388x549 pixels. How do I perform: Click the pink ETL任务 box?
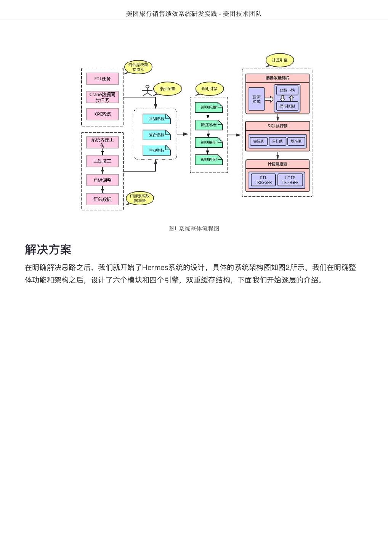(x=102, y=79)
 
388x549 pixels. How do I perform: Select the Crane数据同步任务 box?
(x=102, y=97)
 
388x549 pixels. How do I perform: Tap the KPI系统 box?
(x=102, y=114)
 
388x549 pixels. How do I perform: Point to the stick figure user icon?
(x=147, y=90)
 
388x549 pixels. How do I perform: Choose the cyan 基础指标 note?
(x=156, y=119)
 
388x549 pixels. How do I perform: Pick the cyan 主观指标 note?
(x=156, y=150)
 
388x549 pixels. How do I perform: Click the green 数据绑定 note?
(x=208, y=125)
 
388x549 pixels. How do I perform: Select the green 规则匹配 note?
(x=208, y=159)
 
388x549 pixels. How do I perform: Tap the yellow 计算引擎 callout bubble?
(x=280, y=60)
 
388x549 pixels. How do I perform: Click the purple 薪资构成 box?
(x=257, y=99)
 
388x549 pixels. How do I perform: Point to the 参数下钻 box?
(x=287, y=91)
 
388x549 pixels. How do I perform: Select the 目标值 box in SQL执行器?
(x=277, y=141)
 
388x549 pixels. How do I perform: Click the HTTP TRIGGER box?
(x=290, y=180)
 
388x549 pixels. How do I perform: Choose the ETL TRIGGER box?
(x=263, y=180)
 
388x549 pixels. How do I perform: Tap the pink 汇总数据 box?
(x=102, y=199)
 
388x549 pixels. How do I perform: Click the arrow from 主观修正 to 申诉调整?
(x=102, y=170)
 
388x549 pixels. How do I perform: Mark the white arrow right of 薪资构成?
(x=269, y=99)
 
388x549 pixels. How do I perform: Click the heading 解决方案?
(x=48, y=250)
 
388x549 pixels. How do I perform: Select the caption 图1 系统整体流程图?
(x=194, y=228)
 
